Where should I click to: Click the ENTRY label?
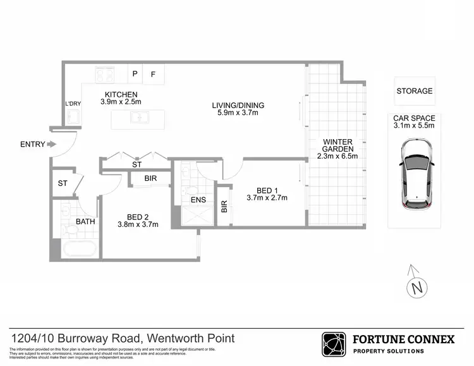click(x=32, y=144)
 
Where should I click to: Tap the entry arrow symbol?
click(x=52, y=144)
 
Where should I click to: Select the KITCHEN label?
click(x=121, y=94)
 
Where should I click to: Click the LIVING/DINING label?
click(x=237, y=105)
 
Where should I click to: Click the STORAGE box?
click(x=415, y=91)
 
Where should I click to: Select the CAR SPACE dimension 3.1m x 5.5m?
click(x=415, y=126)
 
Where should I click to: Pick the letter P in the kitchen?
click(x=134, y=74)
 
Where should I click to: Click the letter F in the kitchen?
click(x=153, y=74)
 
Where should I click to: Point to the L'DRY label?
click(x=73, y=103)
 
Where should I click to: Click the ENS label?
click(x=198, y=201)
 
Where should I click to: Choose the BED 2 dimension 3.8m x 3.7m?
click(x=138, y=224)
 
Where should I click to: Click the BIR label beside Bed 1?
click(x=224, y=206)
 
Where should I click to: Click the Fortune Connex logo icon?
click(x=334, y=345)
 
